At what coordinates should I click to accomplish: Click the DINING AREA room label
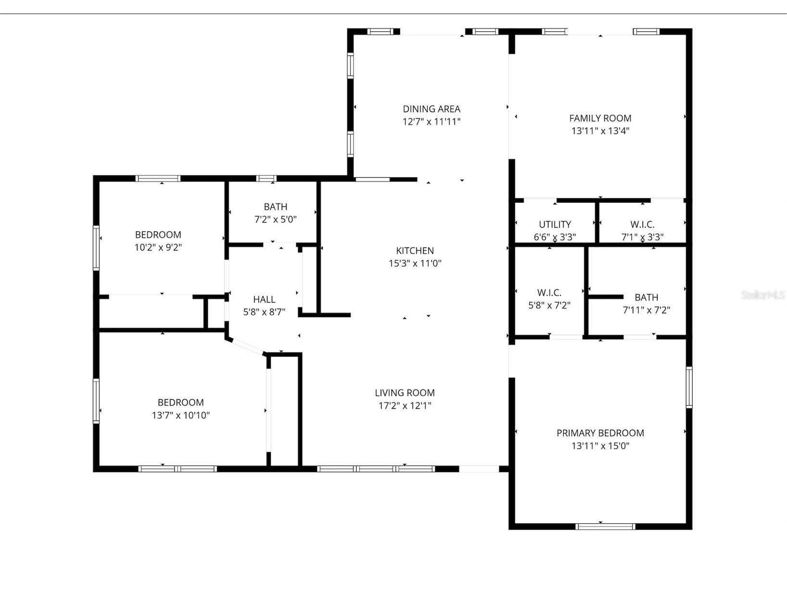(x=431, y=109)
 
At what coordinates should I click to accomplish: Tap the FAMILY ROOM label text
(x=600, y=118)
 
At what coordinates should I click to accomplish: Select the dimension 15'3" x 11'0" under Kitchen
(x=415, y=263)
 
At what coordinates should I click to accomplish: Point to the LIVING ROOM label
(x=405, y=393)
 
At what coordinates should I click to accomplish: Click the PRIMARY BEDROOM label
(x=600, y=433)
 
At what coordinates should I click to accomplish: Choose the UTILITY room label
(x=555, y=225)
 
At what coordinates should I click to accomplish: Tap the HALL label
(x=264, y=300)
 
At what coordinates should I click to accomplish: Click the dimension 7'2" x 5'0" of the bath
(x=275, y=219)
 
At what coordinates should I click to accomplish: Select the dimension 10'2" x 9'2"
(x=158, y=247)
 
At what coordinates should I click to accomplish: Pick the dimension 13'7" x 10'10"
(x=181, y=415)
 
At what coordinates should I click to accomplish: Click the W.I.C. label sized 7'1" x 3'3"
(x=642, y=225)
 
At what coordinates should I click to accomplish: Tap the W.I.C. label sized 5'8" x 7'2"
(x=549, y=292)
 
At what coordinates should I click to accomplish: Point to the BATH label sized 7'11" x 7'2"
(x=646, y=297)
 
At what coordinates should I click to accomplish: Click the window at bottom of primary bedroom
(x=605, y=527)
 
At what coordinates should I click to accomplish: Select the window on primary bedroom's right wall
(x=689, y=387)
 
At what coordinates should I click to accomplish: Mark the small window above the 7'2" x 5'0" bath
(x=266, y=178)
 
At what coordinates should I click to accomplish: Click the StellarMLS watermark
(x=762, y=295)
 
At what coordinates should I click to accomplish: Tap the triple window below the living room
(x=376, y=468)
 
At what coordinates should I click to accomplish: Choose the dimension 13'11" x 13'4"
(x=600, y=131)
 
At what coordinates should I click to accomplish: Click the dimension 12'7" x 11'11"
(x=431, y=122)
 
